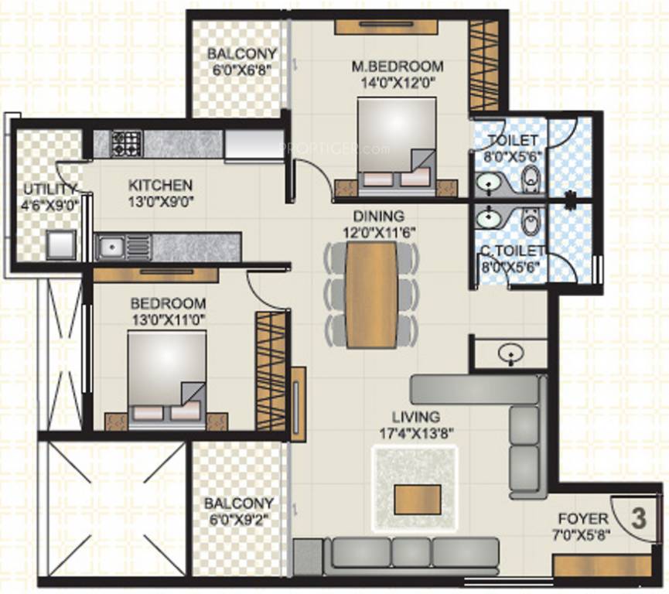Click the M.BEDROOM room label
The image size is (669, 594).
pyautogui.click(x=394, y=66)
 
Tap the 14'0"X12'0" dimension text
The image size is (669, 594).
pyautogui.click(x=394, y=80)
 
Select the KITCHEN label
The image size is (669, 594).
pyautogui.click(x=160, y=186)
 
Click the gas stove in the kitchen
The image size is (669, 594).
pyautogui.click(x=126, y=142)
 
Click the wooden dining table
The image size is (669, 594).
pyautogui.click(x=371, y=294)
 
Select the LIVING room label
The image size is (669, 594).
pyautogui.click(x=416, y=417)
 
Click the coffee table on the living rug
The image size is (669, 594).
pyautogui.click(x=417, y=499)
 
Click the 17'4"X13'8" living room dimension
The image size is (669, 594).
pyautogui.click(x=415, y=432)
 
